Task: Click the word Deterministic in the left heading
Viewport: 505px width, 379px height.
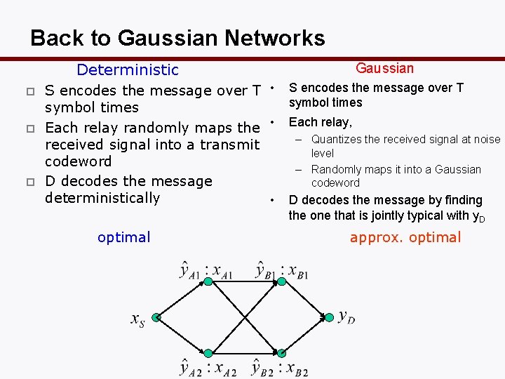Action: click(x=127, y=69)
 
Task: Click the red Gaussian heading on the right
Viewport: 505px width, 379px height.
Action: click(x=384, y=68)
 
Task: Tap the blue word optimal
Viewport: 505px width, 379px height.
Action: click(x=123, y=237)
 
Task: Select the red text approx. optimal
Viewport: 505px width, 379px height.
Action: click(x=405, y=237)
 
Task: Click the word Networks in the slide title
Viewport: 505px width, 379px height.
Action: click(x=271, y=37)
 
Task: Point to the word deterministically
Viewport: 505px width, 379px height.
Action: click(x=102, y=198)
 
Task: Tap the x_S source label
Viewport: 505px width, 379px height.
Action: click(x=137, y=319)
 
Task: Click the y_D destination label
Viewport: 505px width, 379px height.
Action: click(x=346, y=317)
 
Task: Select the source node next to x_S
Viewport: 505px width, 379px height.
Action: click(x=156, y=318)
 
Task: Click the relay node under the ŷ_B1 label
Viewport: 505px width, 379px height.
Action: click(x=281, y=281)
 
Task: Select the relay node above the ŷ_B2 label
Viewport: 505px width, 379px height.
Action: click(x=281, y=353)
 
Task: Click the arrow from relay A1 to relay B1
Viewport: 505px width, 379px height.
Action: click(x=244, y=281)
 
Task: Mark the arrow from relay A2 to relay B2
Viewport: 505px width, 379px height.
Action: click(x=244, y=353)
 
